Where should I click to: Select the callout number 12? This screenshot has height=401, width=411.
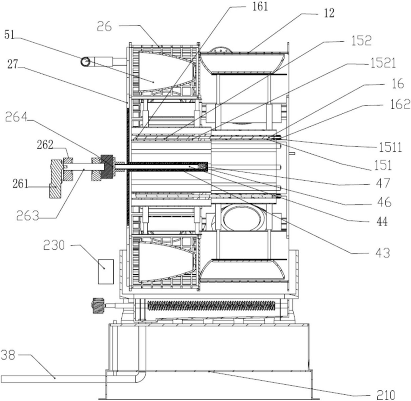(x=329, y=13)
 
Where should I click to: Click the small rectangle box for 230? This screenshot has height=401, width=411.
(x=105, y=271)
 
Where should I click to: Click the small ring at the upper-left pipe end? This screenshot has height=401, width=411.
(x=85, y=62)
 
